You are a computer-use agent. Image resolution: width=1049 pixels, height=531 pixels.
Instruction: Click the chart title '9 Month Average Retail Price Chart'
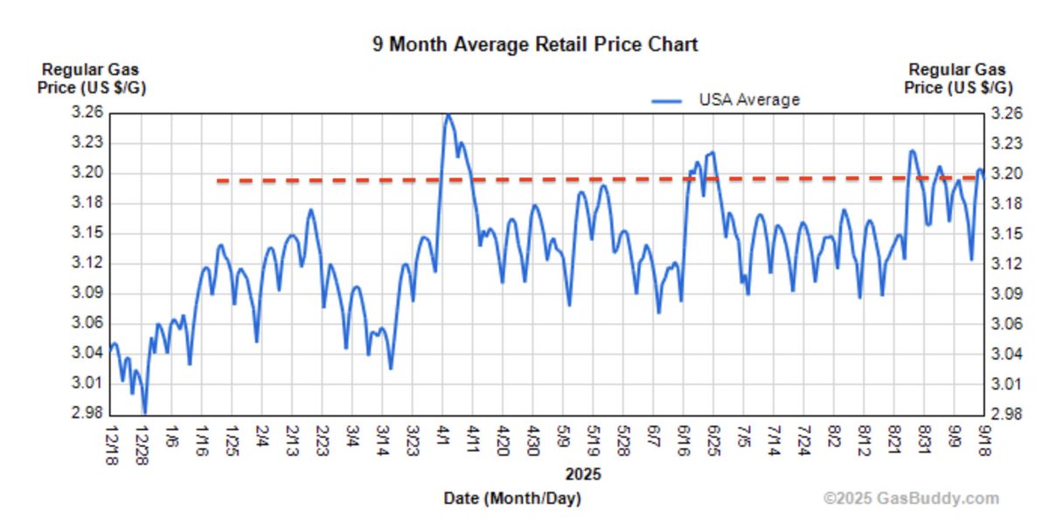535,45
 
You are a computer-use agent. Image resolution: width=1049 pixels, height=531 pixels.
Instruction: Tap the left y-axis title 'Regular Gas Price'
90,79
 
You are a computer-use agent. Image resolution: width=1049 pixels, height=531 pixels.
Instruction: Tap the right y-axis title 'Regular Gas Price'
957,79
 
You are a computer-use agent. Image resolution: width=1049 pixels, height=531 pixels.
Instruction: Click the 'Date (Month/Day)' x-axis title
512,499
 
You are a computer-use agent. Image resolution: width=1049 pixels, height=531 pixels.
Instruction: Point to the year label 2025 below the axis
583,475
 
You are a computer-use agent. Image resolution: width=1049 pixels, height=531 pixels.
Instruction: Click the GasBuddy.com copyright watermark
911,499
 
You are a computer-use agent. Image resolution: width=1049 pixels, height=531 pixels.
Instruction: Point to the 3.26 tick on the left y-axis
88,113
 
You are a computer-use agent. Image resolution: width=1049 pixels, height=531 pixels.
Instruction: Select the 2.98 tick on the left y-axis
88,413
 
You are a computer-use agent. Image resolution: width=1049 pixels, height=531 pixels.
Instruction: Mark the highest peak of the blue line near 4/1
448,114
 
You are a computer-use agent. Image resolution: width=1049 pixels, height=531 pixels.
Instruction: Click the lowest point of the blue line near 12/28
144,412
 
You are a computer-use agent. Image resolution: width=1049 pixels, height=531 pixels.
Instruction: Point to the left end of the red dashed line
217,181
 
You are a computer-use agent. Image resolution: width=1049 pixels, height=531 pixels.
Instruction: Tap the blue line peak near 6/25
713,153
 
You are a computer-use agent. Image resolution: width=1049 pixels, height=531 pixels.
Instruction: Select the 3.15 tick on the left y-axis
88,233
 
